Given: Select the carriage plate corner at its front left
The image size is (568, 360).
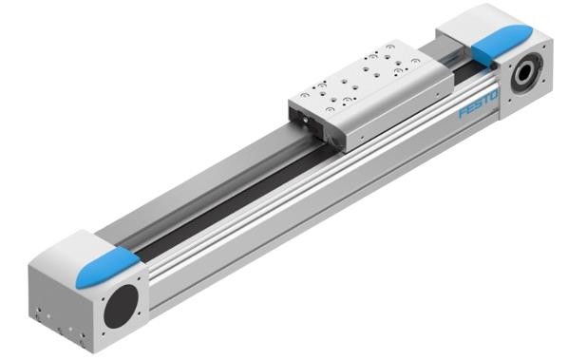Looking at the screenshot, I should pyautogui.click(x=291, y=101).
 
